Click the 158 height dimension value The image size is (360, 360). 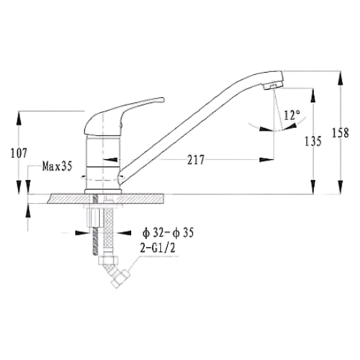340,132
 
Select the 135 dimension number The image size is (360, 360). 312,141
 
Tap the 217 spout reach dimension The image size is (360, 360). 196,160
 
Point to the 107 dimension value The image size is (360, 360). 19,153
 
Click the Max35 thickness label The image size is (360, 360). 57,166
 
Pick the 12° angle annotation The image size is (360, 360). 292,115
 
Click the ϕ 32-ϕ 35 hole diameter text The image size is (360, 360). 168,233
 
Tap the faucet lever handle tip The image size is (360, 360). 163,99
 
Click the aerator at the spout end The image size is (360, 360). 274,86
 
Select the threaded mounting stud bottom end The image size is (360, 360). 95,253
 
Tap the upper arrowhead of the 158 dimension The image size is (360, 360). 340,78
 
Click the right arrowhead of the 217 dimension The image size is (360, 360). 266,159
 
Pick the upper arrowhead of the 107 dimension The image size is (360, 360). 19,118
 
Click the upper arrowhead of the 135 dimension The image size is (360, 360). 313,95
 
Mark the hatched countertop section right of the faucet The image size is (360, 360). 141,199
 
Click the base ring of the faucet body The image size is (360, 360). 103,192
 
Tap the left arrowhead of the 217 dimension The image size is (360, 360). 110,159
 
